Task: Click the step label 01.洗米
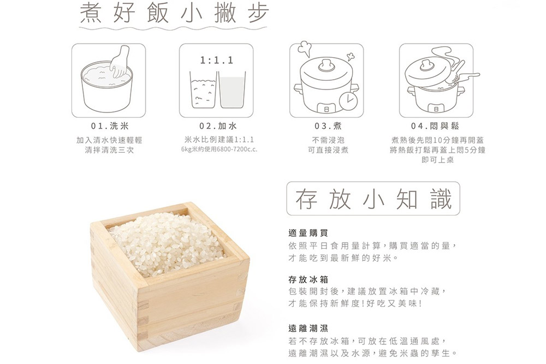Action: tap(109, 126)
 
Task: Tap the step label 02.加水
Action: tap(218, 126)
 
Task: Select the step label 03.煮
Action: tap(328, 126)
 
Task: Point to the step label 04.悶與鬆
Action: tap(435, 126)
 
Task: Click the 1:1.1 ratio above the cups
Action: tap(216, 60)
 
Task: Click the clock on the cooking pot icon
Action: tap(348, 101)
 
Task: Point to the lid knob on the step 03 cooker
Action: tap(327, 65)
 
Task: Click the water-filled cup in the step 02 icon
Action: tap(232, 90)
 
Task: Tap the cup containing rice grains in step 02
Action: tap(203, 90)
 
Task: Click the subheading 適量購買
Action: tap(308, 233)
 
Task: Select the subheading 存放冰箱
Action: tap(308, 279)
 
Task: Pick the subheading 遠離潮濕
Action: tap(308, 328)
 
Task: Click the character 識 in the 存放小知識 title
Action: tap(441, 199)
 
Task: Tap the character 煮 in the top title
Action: tap(91, 13)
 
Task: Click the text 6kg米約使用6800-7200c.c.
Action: tap(219, 150)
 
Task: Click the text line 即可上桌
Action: tap(437, 160)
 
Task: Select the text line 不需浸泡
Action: tap(328, 140)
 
